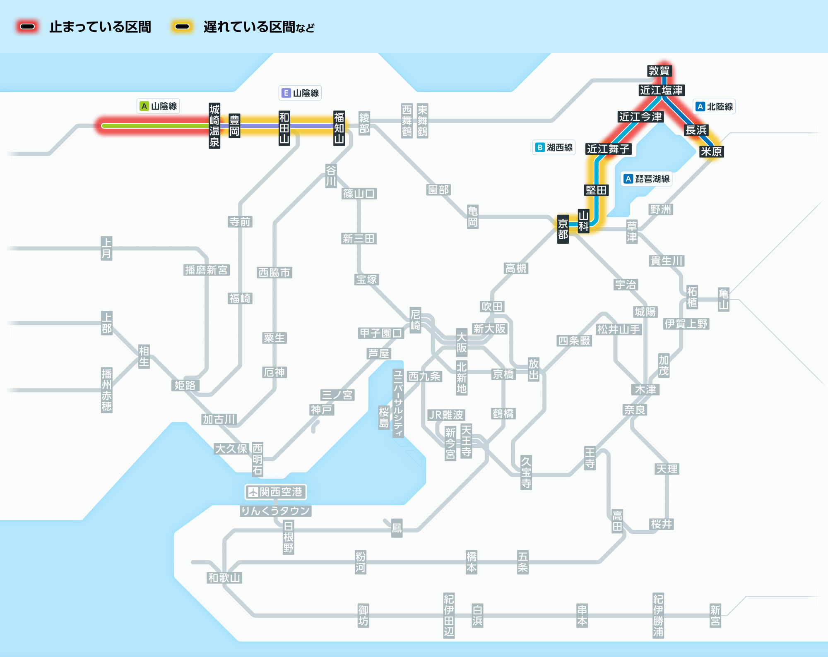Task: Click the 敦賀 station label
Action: click(x=659, y=71)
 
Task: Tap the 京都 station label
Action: click(x=563, y=229)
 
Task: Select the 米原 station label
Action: click(x=711, y=151)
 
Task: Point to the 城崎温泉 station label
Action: click(x=214, y=126)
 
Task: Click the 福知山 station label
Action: click(x=339, y=128)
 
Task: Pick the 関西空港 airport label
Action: click(x=276, y=492)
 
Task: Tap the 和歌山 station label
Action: click(x=224, y=578)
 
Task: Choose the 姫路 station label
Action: click(x=185, y=385)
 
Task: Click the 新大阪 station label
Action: click(x=489, y=328)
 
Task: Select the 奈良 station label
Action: click(x=635, y=410)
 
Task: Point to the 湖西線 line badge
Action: click(x=554, y=147)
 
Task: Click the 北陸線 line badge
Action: click(x=714, y=107)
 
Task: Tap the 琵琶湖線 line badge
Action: click(x=647, y=179)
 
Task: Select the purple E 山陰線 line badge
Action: click(x=300, y=93)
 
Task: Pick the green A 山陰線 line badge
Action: click(x=158, y=106)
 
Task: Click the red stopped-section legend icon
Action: click(x=27, y=27)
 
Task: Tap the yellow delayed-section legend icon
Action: click(x=182, y=27)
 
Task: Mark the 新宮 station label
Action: click(x=715, y=615)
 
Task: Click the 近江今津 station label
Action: click(x=640, y=117)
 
